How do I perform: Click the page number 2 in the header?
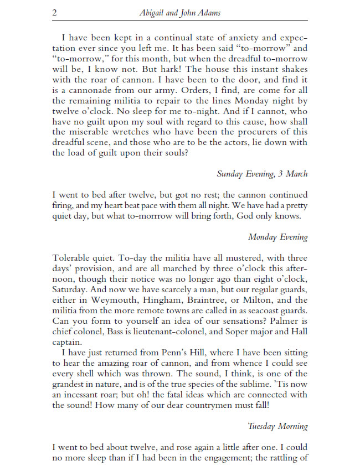click(x=55, y=13)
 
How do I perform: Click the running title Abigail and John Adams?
click(x=180, y=13)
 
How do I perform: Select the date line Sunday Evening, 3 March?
click(x=262, y=174)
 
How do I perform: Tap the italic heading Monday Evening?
click(x=277, y=237)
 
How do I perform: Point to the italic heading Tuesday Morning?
click(x=277, y=426)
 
